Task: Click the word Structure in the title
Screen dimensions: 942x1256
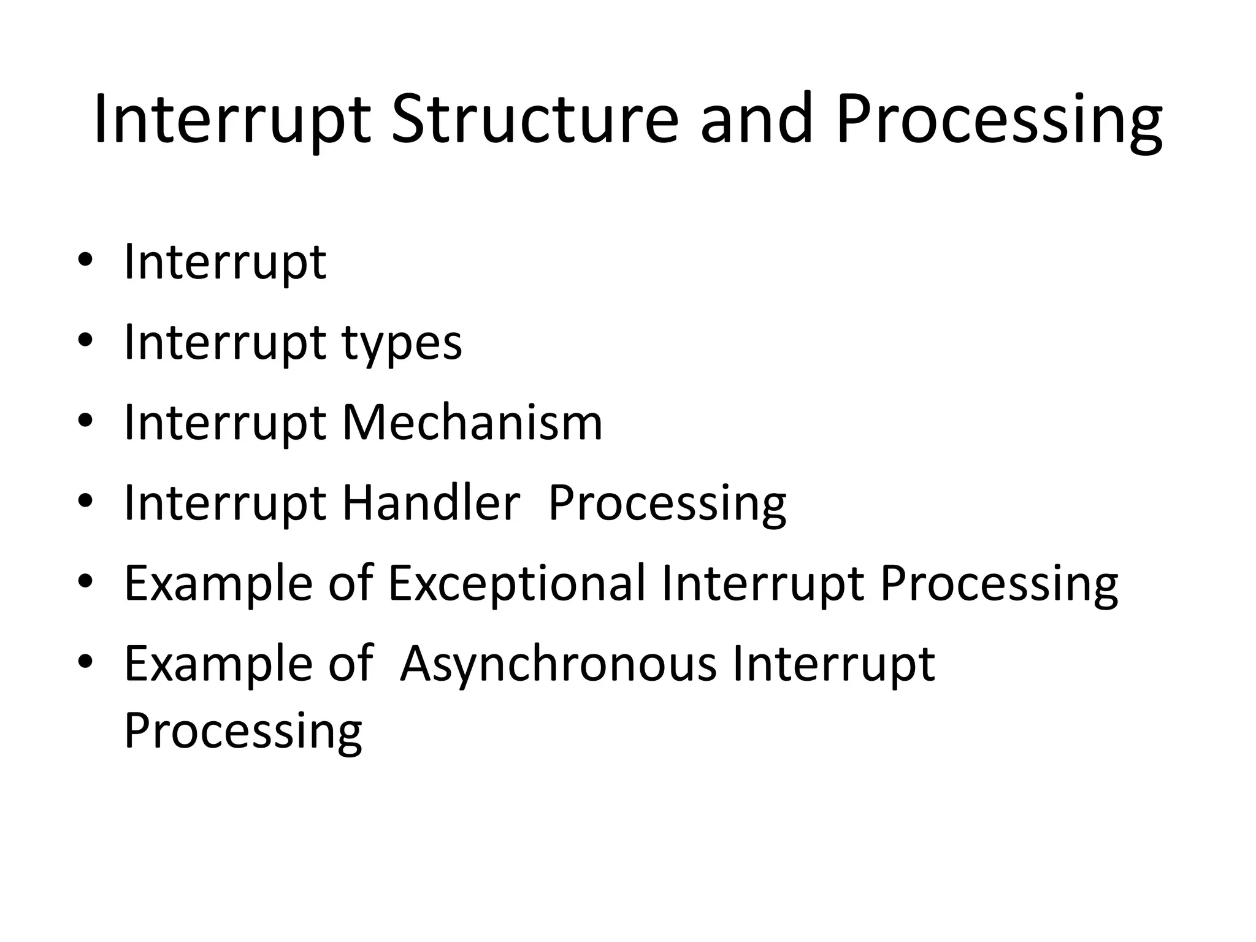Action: click(534, 119)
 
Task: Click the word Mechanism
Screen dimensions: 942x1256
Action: click(472, 423)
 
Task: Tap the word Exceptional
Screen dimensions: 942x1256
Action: click(517, 583)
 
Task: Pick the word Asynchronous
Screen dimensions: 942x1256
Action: click(557, 664)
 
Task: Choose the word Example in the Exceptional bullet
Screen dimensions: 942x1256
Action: click(218, 583)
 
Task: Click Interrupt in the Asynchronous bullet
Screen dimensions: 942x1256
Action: click(833, 665)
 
